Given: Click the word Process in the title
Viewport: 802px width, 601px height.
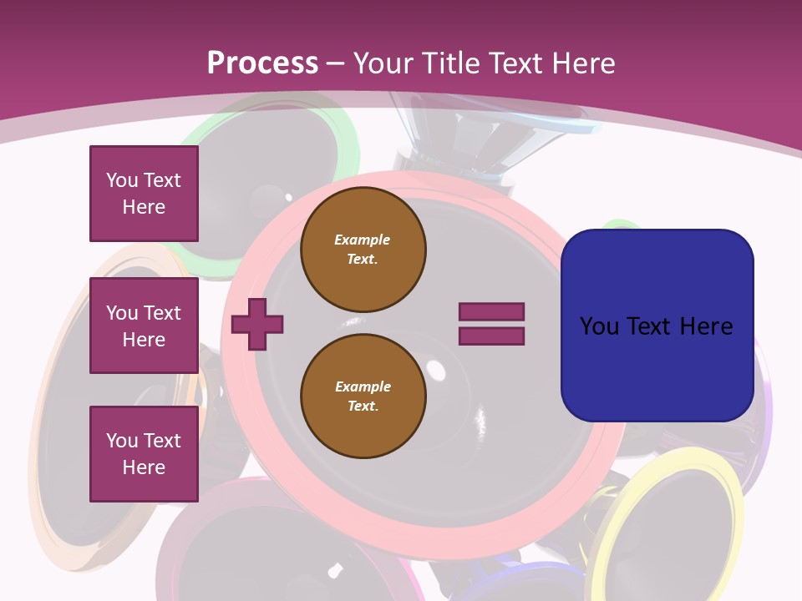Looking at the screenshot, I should coord(262,63).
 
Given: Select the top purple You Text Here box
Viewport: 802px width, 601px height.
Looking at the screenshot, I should coord(144,194).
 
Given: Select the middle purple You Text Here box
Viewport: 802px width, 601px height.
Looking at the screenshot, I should coord(144,326).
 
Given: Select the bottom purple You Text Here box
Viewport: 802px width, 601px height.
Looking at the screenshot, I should coord(144,453).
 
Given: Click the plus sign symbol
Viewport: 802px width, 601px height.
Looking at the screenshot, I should coord(257,324).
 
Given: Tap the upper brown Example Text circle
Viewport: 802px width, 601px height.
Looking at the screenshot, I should coord(363,250).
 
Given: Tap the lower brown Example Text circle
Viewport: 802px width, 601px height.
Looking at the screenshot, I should coord(363,396).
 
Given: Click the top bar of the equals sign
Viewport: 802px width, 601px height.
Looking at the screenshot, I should coord(491,311).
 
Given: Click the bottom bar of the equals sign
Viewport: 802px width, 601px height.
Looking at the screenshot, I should coord(491,336).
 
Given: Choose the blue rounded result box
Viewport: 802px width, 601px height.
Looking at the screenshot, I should coord(657,326).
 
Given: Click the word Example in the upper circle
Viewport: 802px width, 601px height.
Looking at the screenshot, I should coord(363,240).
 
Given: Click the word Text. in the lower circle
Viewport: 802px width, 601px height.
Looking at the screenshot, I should coord(363,407).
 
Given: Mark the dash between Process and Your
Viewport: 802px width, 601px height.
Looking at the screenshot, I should coord(334,63).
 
